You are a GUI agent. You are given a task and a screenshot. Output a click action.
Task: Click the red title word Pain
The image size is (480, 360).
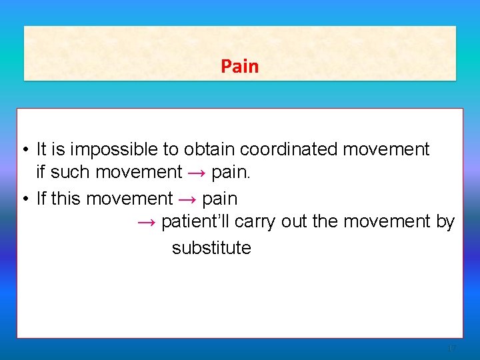(x=239, y=67)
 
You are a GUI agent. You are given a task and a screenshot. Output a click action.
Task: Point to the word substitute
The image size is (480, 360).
(x=211, y=248)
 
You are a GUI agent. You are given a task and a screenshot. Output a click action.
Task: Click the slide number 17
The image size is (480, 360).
(x=451, y=348)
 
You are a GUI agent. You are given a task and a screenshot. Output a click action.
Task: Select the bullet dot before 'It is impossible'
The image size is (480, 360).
(x=23, y=150)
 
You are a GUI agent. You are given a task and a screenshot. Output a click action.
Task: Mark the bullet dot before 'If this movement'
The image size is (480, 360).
(x=23, y=199)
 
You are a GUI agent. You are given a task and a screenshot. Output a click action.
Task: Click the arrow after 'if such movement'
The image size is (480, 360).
(x=197, y=173)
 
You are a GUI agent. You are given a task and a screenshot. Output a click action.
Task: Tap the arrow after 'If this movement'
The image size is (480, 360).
(x=187, y=199)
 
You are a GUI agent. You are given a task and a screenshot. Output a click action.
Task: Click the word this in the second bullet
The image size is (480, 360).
(x=66, y=199)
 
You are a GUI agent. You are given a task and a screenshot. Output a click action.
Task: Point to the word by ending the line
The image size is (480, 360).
(x=445, y=221)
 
